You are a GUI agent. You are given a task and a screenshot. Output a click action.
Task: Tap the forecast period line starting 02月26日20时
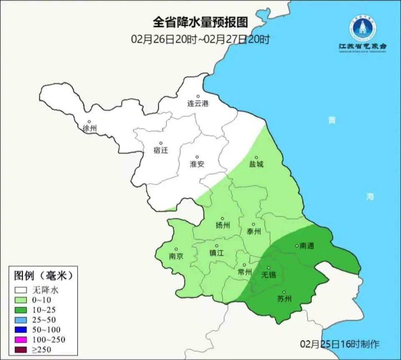(x=200, y=39)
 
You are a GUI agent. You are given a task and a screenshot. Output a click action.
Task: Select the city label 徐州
(x=90, y=128)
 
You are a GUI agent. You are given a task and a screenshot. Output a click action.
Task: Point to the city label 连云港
(x=198, y=103)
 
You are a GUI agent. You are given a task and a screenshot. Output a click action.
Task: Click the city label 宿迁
(x=161, y=150)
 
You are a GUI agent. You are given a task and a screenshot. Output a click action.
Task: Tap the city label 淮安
(x=197, y=164)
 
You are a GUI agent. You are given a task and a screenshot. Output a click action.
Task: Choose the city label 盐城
(x=256, y=164)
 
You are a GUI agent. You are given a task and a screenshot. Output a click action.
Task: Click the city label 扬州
(x=223, y=225)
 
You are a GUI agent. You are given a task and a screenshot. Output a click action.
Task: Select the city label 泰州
(x=254, y=231)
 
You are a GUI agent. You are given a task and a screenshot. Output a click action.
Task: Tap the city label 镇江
(x=217, y=253)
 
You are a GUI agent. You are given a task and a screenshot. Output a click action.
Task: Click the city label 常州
(x=244, y=272)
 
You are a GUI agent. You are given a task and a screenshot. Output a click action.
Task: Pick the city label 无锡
(x=269, y=275)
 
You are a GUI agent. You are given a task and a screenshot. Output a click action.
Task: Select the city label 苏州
(x=284, y=299)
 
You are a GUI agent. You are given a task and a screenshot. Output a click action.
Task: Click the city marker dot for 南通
(x=297, y=245)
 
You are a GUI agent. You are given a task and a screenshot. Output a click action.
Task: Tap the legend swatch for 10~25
(x=21, y=310)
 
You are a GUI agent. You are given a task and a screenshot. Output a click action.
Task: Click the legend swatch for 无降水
(x=21, y=290)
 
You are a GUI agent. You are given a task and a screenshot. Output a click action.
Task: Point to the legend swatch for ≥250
(x=21, y=349)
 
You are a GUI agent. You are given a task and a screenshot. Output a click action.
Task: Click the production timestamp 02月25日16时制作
(x=340, y=344)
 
